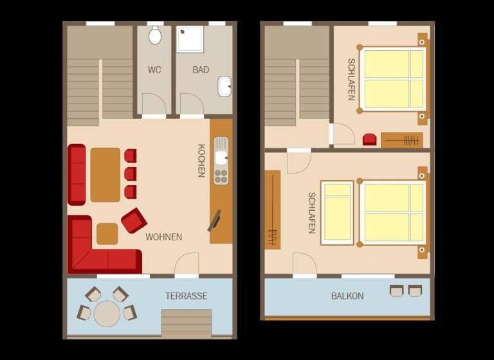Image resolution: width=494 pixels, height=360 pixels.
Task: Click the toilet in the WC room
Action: (x=155, y=35)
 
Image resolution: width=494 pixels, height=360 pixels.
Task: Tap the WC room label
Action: (x=154, y=69)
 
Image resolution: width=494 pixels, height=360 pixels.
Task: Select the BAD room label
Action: (x=201, y=69)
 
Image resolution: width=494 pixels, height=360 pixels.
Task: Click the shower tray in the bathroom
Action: (x=190, y=39)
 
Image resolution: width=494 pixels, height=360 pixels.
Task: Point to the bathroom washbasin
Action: (x=224, y=87)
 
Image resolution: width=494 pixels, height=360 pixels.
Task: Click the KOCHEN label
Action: (x=201, y=161)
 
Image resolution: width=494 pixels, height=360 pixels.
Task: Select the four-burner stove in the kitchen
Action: (x=221, y=176)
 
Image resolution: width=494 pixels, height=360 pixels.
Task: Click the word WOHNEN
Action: (x=164, y=237)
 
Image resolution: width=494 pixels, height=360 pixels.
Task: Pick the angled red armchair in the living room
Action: (x=134, y=221)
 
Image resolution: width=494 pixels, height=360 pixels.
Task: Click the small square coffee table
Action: (x=107, y=234)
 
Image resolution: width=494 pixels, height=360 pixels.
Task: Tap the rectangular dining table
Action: (x=105, y=175)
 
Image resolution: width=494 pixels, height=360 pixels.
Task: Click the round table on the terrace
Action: (x=107, y=314)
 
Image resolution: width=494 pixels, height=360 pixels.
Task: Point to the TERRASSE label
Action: (x=187, y=296)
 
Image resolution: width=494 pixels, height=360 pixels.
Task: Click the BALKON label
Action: (x=347, y=296)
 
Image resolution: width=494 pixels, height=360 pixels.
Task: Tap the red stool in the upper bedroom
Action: (x=370, y=139)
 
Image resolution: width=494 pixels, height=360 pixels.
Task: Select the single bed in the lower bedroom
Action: (x=337, y=213)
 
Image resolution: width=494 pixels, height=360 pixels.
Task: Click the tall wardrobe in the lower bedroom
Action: (x=273, y=210)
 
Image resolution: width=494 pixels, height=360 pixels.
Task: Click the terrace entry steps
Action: (x=187, y=324)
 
